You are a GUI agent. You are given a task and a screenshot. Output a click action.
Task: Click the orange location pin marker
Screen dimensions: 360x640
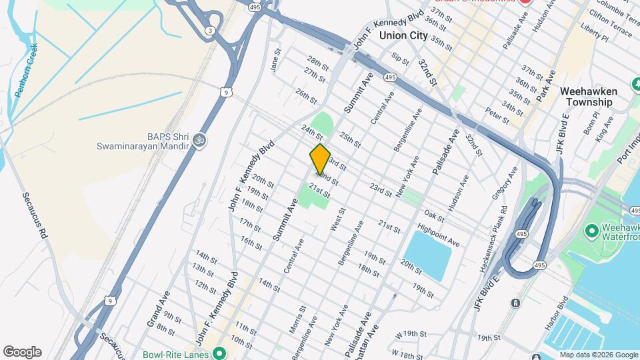coord(320,159)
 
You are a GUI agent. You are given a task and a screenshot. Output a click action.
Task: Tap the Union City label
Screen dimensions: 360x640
coord(403,36)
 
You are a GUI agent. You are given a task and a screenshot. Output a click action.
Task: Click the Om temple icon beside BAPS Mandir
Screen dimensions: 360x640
coord(199,141)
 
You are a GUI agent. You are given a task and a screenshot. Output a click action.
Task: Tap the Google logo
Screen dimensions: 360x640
coord(22,352)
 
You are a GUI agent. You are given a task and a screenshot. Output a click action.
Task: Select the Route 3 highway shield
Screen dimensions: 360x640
coord(211,31)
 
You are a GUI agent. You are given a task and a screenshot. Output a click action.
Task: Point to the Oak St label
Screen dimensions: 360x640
coord(434,216)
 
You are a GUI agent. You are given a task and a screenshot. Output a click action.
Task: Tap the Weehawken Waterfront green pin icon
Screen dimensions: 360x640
coord(591,231)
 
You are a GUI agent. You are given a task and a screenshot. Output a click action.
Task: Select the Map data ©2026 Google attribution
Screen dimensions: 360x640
coord(599,355)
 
